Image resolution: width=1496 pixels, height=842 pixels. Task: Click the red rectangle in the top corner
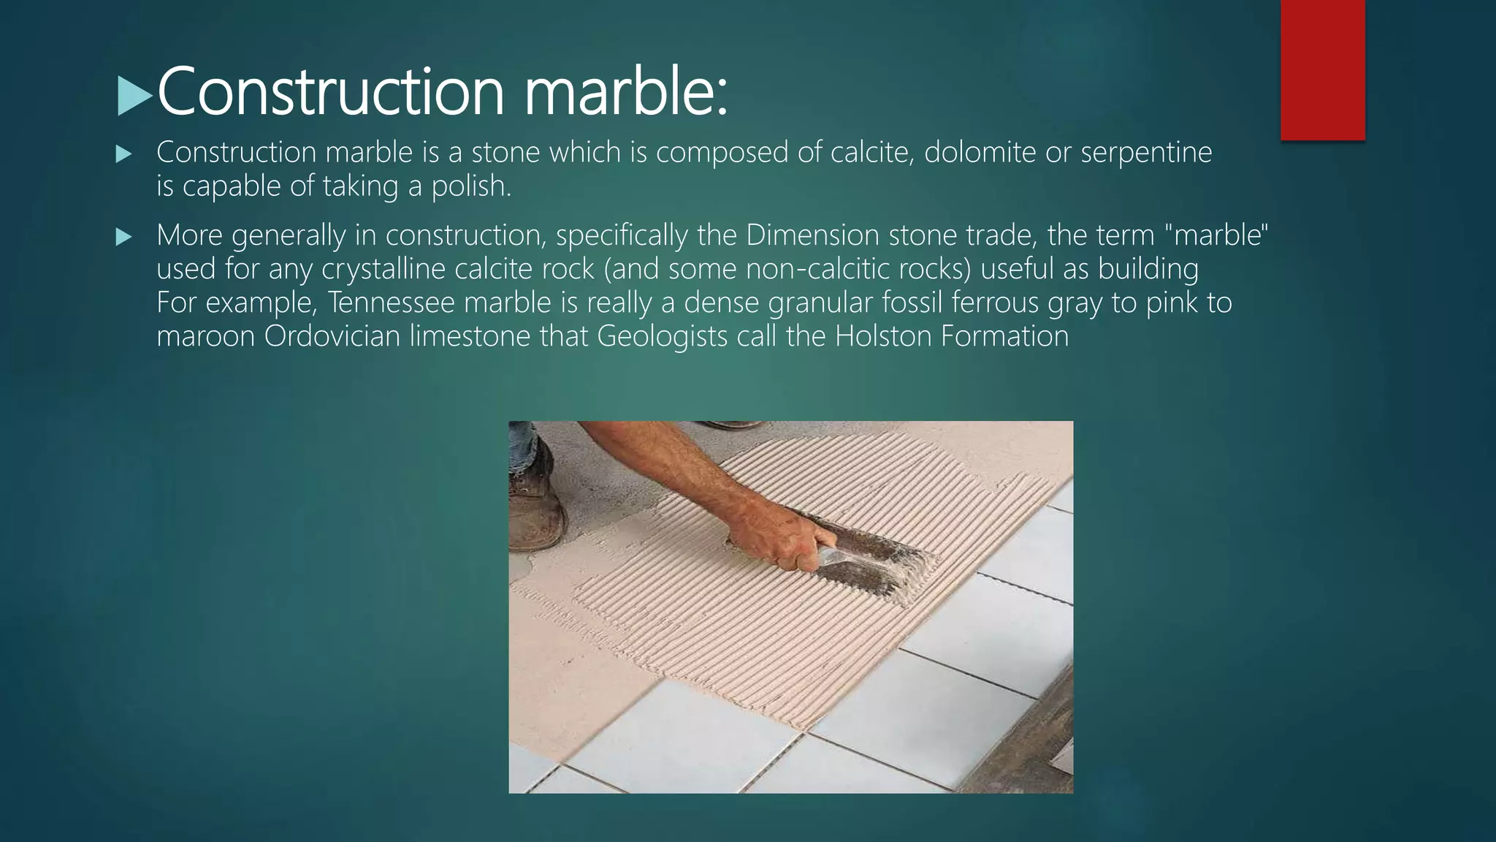coord(1322,69)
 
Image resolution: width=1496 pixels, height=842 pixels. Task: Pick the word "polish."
coord(471,186)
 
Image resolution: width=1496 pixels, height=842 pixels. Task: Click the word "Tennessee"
coord(392,303)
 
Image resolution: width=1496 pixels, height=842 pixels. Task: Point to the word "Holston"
coord(883,336)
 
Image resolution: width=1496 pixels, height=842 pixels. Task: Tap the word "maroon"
coord(206,336)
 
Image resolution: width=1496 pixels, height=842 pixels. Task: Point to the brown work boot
coord(537,504)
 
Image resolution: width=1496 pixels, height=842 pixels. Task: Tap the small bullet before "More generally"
coord(123,237)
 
